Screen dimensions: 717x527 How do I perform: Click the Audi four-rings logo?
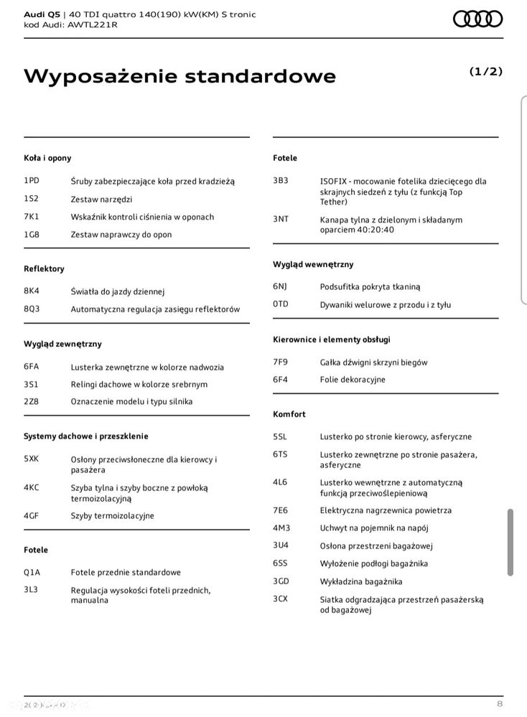point(477,19)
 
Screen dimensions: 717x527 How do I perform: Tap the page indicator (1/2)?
point(485,71)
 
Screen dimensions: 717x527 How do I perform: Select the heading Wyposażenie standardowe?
point(179,76)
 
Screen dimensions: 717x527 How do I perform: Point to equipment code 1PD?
point(32,181)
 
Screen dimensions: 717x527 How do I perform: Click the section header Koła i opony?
point(47,158)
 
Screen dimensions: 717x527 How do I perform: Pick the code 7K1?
point(32,216)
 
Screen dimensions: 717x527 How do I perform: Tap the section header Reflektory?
point(44,268)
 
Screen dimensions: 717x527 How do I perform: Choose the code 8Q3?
point(32,309)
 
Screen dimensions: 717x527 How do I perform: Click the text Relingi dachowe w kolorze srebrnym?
point(139,384)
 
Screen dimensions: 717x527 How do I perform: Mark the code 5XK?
point(32,459)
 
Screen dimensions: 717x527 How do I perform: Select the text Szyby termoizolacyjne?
point(112,515)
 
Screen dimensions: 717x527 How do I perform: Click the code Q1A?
point(32,572)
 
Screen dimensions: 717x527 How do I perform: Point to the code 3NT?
point(281,219)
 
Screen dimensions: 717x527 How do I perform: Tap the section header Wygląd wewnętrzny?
point(313,264)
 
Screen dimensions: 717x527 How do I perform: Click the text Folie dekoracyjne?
point(353,379)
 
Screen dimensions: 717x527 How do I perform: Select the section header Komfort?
point(289,414)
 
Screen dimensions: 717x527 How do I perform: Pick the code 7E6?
point(280,510)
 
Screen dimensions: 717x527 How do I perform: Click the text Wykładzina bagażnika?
point(361,581)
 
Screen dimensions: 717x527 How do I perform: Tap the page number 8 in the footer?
point(499,703)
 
